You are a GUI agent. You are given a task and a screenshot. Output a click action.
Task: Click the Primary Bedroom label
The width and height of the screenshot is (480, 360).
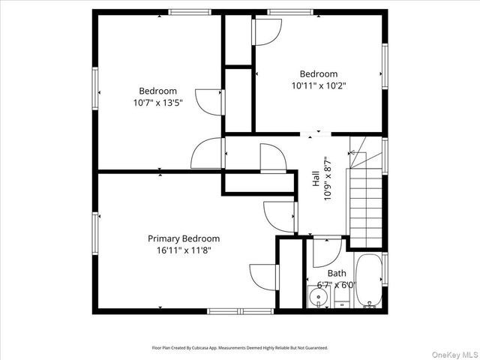click(x=184, y=238)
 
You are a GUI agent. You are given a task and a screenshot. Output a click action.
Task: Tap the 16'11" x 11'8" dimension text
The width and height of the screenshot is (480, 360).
click(x=184, y=250)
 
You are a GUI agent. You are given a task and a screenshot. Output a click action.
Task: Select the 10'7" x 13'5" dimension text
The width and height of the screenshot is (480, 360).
click(x=158, y=103)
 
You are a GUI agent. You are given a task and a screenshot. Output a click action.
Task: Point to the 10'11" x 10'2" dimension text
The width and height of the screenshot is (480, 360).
click(x=319, y=85)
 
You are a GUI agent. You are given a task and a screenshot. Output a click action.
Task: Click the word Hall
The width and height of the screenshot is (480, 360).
click(x=316, y=178)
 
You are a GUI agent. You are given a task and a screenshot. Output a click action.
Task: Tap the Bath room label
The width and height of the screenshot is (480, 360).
click(x=337, y=273)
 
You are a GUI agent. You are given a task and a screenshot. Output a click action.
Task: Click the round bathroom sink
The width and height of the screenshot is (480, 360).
click(x=318, y=297)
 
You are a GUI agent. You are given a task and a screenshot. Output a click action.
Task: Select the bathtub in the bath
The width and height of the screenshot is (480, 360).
click(x=368, y=280)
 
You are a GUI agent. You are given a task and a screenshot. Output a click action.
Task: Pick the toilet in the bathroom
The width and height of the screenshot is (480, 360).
click(x=342, y=296)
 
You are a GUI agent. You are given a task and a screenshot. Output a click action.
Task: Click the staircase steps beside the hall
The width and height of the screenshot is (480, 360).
click(x=365, y=208)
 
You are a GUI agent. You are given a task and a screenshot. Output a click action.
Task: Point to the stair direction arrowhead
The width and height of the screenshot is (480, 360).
click(x=352, y=152)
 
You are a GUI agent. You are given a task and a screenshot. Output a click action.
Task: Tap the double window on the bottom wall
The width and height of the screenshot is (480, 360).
click(x=240, y=311)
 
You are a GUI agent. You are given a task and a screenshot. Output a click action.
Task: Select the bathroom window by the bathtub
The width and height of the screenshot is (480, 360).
click(x=385, y=269)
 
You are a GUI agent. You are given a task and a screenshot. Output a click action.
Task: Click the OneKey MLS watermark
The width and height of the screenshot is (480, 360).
click(x=455, y=355)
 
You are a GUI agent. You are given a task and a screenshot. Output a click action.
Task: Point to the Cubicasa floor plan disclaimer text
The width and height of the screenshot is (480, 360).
click(x=240, y=348)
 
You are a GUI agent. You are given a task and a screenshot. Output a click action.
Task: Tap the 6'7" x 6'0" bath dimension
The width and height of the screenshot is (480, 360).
click(x=337, y=285)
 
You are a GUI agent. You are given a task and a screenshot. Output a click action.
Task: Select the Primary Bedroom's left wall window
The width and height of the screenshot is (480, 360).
click(x=95, y=233)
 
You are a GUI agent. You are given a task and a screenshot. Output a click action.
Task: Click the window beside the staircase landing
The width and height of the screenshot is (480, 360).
click(x=385, y=156)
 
